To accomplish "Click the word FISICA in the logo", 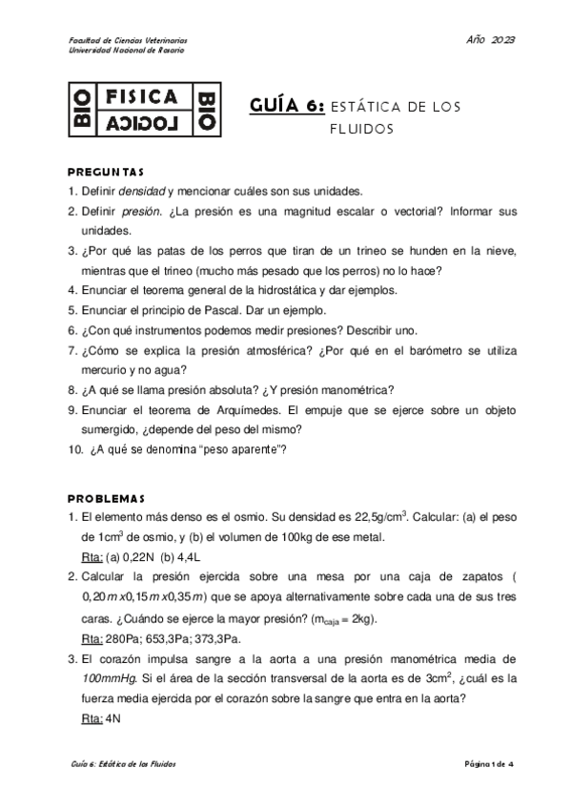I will pyautogui.click(x=140, y=97).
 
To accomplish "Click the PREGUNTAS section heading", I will pyautogui.click(x=106, y=173).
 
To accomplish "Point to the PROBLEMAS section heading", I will pyautogui.click(x=105, y=499).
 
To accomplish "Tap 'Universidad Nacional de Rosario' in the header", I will pyautogui.click(x=129, y=51).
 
